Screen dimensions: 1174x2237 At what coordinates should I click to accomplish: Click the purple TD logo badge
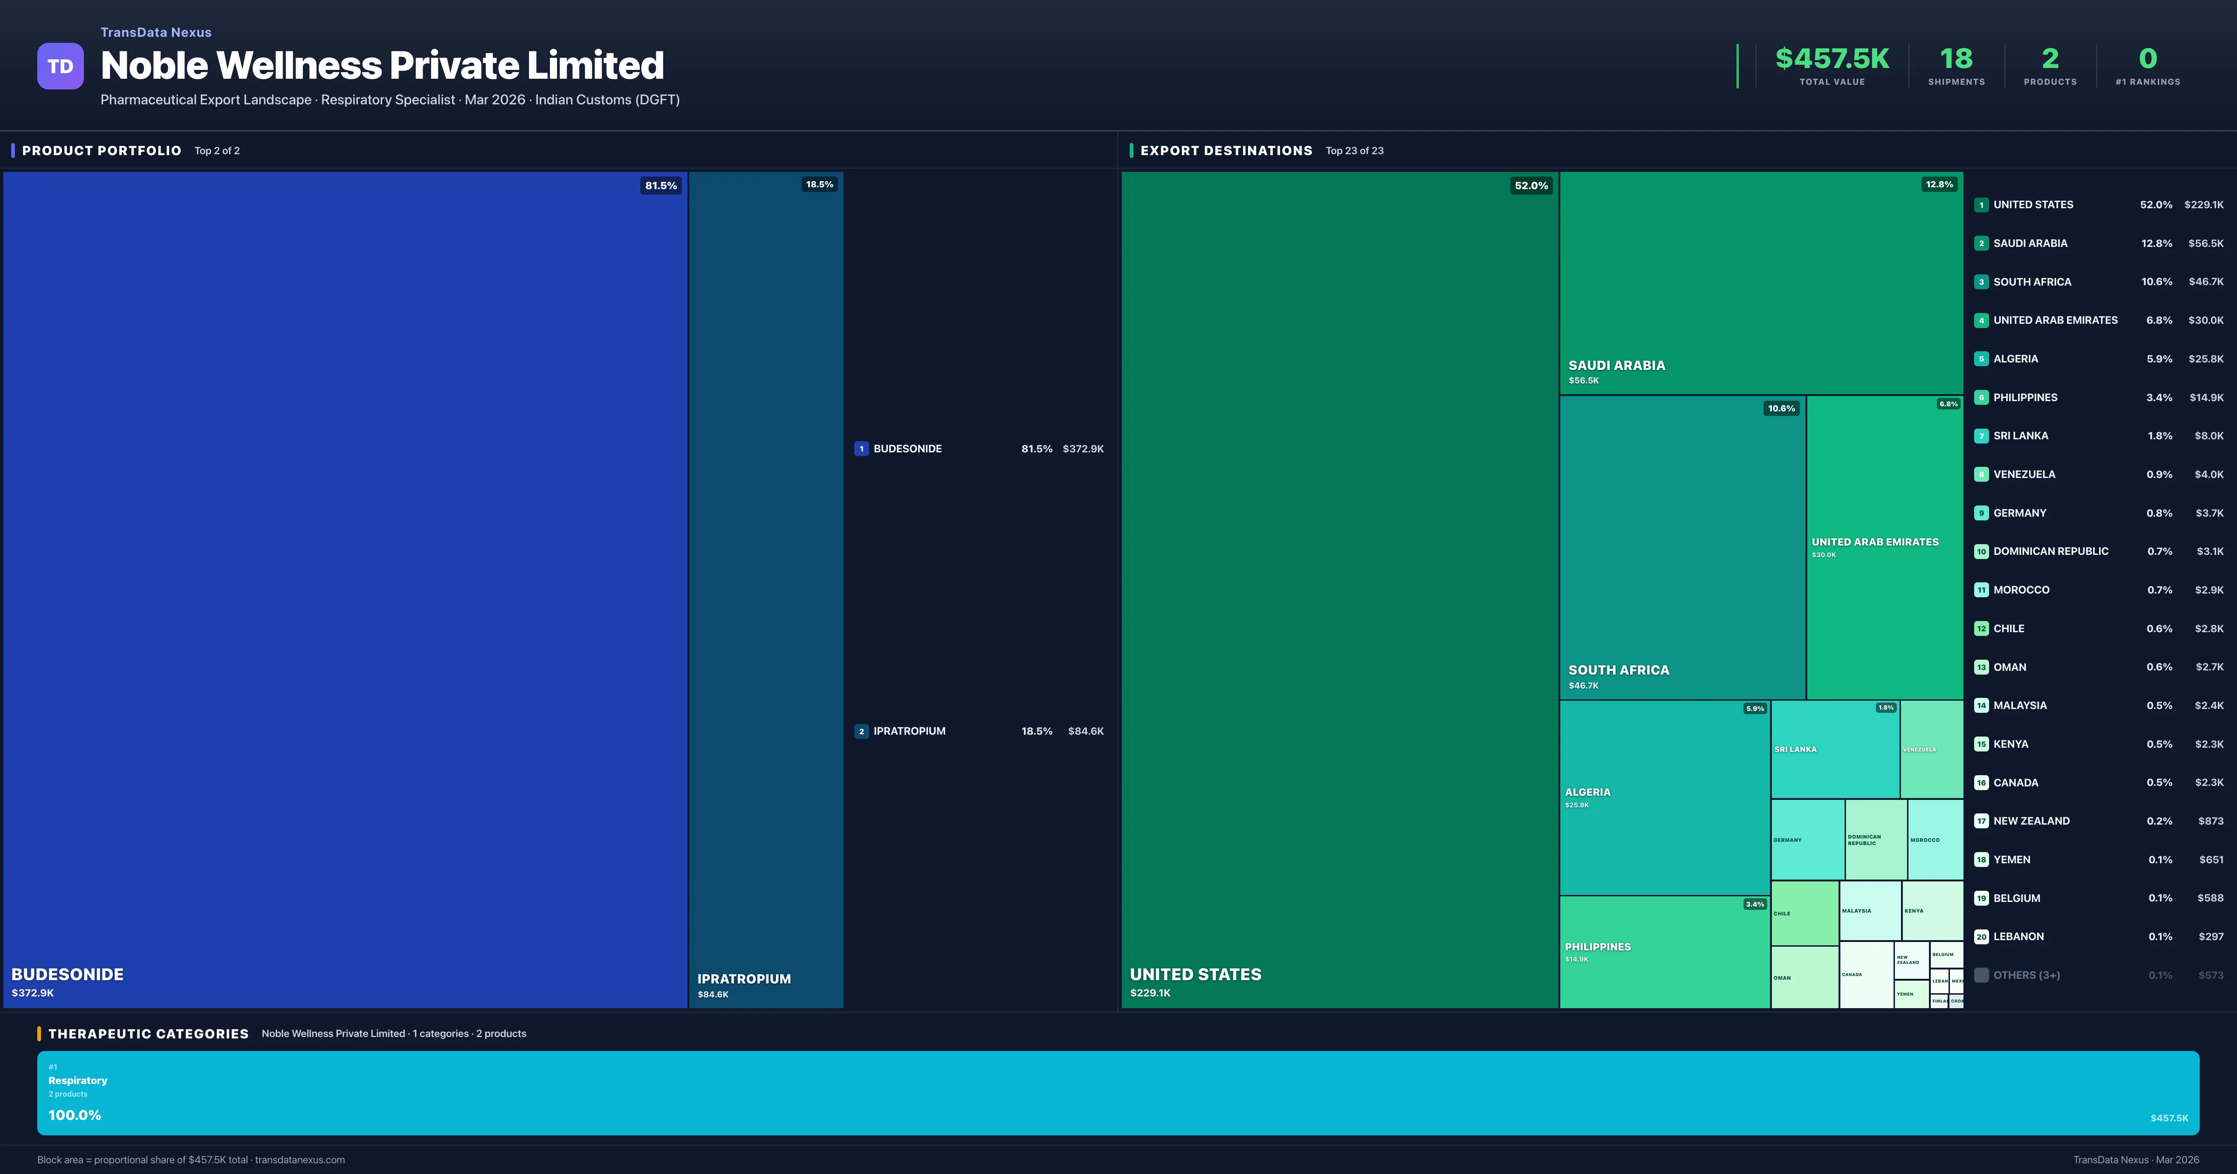[x=60, y=66]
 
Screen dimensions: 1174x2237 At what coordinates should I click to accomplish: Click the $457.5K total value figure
[x=1832, y=59]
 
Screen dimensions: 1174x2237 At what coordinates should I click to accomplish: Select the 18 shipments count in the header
[x=1956, y=59]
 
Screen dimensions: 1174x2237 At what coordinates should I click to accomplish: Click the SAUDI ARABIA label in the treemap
[x=1616, y=366]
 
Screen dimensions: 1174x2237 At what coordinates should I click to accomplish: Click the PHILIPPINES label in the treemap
[x=1597, y=947]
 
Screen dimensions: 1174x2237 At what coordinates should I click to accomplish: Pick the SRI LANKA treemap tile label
[x=1795, y=750]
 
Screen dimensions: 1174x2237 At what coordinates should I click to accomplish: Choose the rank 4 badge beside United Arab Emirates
[x=1981, y=321]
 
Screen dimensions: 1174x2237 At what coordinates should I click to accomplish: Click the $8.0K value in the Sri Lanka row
[x=2209, y=436]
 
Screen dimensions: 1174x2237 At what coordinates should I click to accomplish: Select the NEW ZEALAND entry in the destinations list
[x=2031, y=820]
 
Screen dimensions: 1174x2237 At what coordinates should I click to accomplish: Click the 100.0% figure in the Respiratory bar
[x=75, y=1115]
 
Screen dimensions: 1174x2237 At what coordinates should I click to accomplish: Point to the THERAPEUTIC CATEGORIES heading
[x=148, y=1033]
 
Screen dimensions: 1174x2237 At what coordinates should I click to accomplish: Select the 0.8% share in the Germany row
[x=2159, y=513]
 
